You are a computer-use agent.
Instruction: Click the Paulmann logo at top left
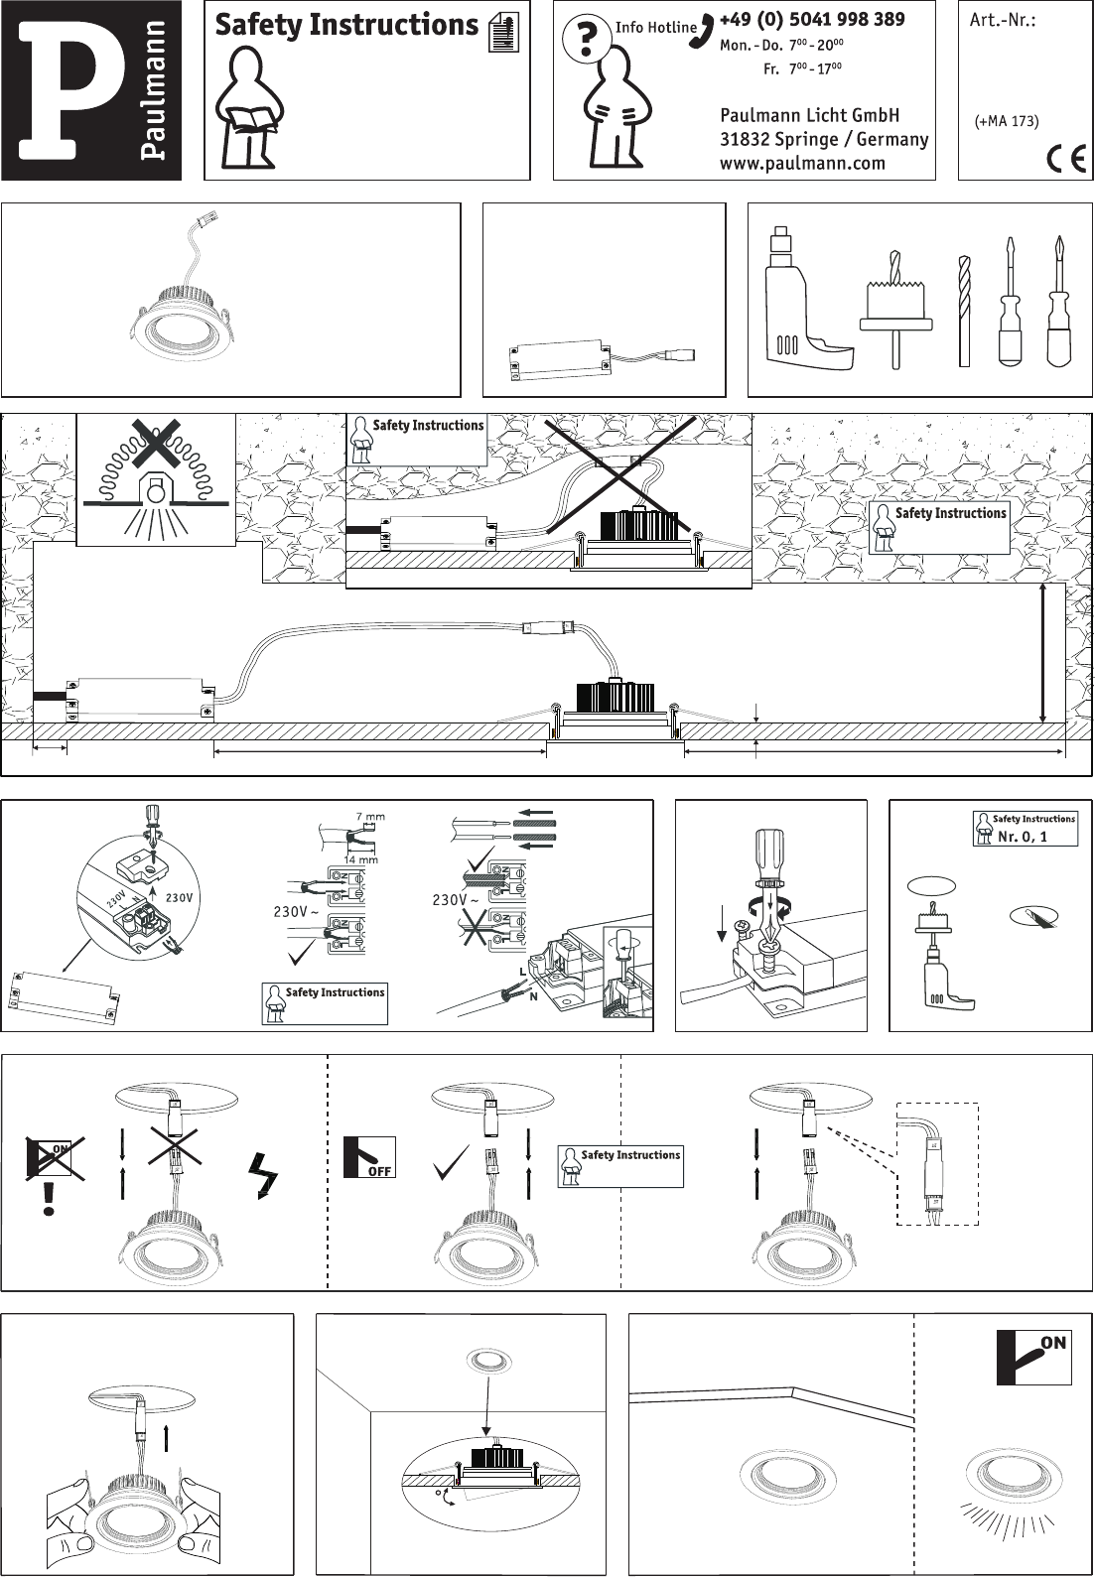point(91,90)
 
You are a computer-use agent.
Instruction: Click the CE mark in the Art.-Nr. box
point(1065,160)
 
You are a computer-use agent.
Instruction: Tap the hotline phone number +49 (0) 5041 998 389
point(812,19)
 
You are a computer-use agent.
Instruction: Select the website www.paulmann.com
point(802,163)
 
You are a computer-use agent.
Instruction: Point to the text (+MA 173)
point(1007,121)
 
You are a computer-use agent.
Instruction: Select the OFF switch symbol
point(369,1157)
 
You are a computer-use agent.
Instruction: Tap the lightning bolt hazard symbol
point(264,1175)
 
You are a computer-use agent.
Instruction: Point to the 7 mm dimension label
point(370,817)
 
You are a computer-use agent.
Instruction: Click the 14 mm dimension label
point(361,858)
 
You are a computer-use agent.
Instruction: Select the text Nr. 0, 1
point(1023,836)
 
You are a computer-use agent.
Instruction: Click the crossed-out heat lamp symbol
point(156,478)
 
